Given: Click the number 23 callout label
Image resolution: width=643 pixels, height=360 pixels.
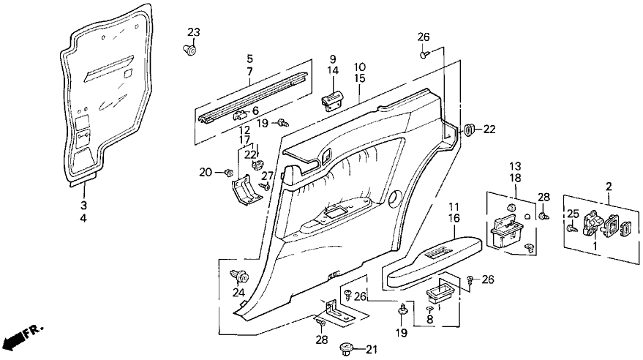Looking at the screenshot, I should [193, 32].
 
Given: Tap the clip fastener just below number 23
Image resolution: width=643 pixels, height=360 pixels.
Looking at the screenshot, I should [189, 49].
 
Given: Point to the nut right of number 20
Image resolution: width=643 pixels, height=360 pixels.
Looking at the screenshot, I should [228, 173].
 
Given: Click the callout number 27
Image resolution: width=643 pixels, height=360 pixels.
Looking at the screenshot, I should [267, 176].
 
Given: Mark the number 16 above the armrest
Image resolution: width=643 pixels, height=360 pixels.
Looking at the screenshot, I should [453, 218].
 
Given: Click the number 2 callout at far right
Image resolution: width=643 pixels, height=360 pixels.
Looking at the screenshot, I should [609, 187].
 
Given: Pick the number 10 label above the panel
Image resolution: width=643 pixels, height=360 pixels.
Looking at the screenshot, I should [361, 67].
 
